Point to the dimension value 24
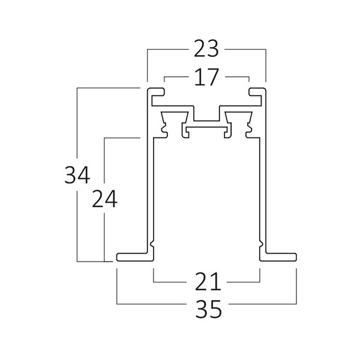click(x=104, y=199)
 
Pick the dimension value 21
click(x=206, y=280)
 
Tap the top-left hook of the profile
click(x=155, y=91)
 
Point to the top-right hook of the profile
click(x=258, y=91)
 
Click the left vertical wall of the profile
click(x=146, y=180)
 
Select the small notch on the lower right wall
click(x=260, y=245)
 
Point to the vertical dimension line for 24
click(x=104, y=234)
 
